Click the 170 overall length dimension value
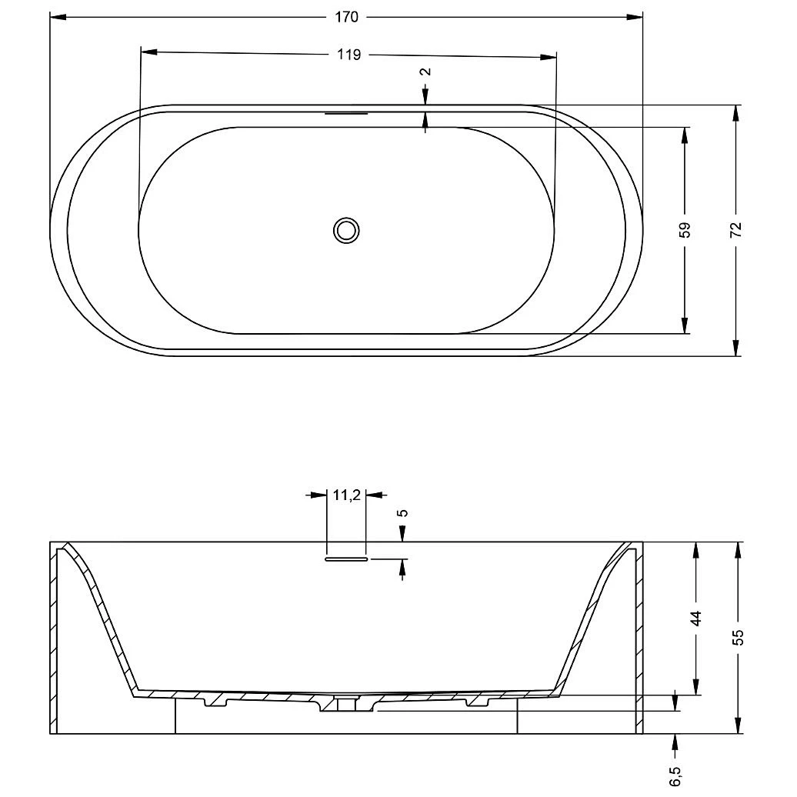(347, 16)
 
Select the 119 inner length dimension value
(348, 54)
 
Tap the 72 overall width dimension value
(736, 229)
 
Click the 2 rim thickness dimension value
(425, 72)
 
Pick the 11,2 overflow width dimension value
(346, 495)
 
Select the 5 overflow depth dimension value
(403, 513)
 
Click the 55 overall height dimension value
(738, 637)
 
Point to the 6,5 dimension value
(675, 775)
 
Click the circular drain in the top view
(346, 229)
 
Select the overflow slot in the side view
(346, 559)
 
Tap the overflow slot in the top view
(346, 113)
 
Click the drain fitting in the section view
(346, 703)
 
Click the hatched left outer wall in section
(54, 639)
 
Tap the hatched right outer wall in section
(639, 639)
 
